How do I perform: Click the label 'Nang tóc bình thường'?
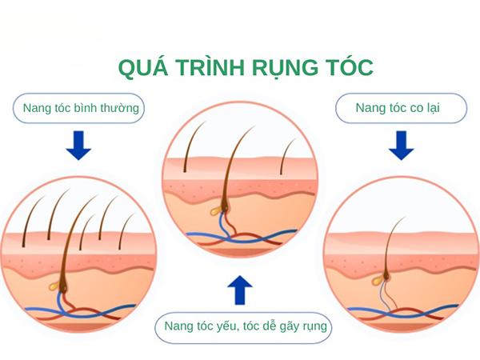81,108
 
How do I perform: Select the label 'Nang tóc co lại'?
398,108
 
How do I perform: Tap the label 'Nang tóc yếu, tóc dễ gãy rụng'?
246,326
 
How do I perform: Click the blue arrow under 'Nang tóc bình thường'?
78,146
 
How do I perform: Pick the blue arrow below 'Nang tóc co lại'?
402,146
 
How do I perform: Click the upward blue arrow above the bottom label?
240,290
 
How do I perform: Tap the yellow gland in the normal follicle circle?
54,286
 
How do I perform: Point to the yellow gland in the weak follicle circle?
216,210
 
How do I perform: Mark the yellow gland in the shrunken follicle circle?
377,278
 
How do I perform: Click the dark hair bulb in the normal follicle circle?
64,287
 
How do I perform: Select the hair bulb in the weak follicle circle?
225,208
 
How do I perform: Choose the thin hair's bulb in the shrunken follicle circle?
386,276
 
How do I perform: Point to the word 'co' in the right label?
417,108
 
